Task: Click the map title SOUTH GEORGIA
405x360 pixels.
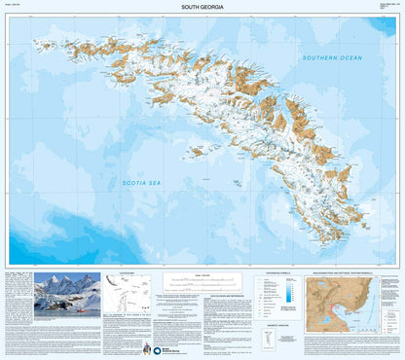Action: (202, 7)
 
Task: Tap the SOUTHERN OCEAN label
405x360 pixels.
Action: (331, 58)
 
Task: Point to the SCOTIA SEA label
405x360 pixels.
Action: (142, 182)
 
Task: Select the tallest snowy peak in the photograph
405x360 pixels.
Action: (60, 282)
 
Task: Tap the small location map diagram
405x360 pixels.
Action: (126, 290)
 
